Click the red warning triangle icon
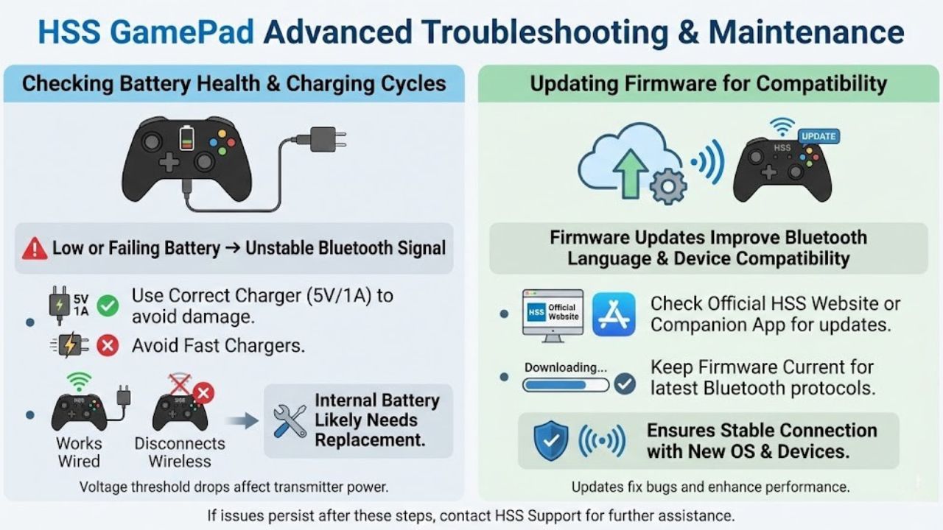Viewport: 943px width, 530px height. (35, 249)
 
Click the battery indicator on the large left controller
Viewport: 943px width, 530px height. (187, 138)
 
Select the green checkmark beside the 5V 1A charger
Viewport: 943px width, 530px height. (108, 305)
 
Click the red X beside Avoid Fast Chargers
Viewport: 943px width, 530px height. (108, 344)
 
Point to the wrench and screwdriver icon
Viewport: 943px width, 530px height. (290, 421)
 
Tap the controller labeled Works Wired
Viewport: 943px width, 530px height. (79, 412)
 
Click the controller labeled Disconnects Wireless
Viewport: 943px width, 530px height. (179, 412)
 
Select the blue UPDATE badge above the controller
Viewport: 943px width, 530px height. (818, 136)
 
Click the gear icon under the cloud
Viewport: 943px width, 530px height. (667, 185)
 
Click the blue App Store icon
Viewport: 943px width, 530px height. (614, 314)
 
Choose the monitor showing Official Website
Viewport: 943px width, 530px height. (553, 312)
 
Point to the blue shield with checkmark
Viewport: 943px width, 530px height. (550, 440)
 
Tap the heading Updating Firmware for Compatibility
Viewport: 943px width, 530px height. (708, 83)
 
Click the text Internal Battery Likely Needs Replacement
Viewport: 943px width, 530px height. (376, 420)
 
